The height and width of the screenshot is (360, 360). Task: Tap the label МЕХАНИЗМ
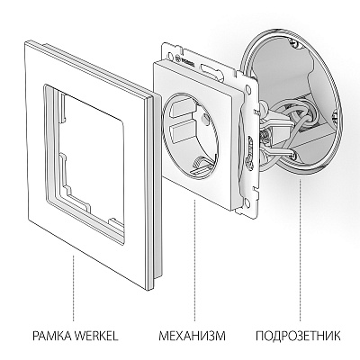click(190, 338)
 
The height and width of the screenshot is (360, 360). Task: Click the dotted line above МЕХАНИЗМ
click(190, 288)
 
